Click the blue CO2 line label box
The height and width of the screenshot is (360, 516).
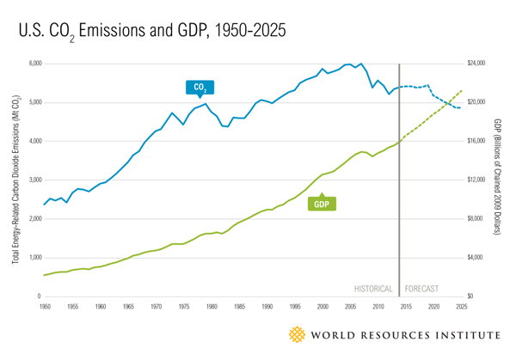(x=200, y=87)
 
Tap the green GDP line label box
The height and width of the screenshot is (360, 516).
(x=321, y=204)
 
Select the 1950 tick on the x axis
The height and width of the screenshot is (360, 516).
(x=44, y=306)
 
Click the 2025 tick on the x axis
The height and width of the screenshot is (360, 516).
(x=462, y=306)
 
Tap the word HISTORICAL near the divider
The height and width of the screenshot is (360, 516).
(x=374, y=289)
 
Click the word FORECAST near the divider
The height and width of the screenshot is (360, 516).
(x=423, y=289)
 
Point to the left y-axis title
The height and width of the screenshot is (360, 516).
(x=16, y=180)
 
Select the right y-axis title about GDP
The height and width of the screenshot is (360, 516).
(x=498, y=180)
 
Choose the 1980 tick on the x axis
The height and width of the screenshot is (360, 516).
(x=211, y=306)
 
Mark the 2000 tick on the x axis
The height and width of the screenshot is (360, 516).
(x=322, y=306)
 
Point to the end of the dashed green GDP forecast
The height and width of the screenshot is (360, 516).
(x=463, y=90)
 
